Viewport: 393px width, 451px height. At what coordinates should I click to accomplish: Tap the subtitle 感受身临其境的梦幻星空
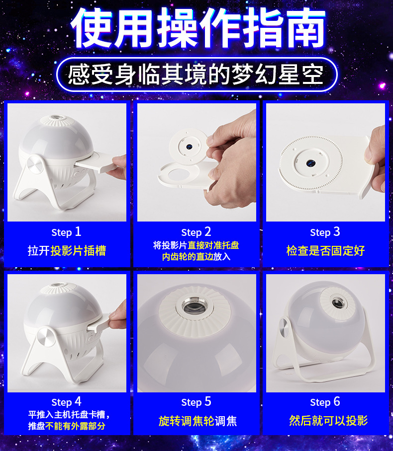click(196, 75)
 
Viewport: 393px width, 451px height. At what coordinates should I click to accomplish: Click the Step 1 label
click(66, 232)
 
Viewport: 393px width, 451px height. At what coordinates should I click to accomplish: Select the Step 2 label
click(196, 232)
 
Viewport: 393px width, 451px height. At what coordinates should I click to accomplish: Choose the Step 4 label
click(66, 402)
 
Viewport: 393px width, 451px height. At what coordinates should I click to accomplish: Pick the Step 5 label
click(196, 402)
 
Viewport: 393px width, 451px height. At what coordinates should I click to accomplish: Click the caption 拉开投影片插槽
click(67, 250)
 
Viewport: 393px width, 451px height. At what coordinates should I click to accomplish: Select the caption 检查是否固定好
click(325, 250)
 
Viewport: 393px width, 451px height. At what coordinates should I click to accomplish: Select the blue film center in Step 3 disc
click(310, 163)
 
